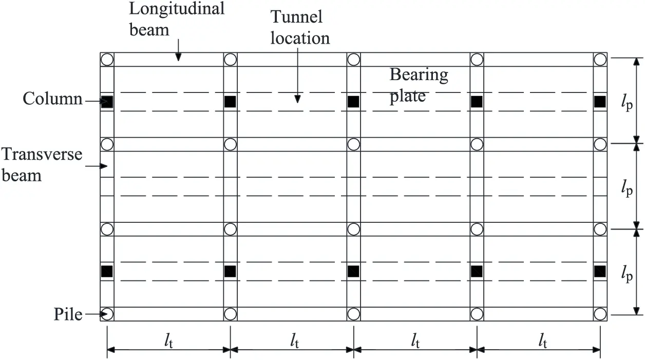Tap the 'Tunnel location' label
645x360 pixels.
(300, 27)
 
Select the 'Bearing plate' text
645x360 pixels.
(418, 85)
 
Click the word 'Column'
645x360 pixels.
(52, 99)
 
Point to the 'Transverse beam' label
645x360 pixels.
(41, 164)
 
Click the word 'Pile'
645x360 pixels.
(68, 314)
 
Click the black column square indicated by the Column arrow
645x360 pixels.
(107, 102)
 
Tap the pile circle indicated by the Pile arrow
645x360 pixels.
(107, 314)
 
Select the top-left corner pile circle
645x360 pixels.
(107, 59)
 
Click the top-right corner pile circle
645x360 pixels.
(600, 59)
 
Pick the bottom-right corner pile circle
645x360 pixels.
(600, 314)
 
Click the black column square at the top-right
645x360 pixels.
(600, 102)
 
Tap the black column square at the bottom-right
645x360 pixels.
(600, 271)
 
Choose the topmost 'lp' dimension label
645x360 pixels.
(626, 103)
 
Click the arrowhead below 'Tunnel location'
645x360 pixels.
(297, 99)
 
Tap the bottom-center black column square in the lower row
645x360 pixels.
(353, 271)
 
